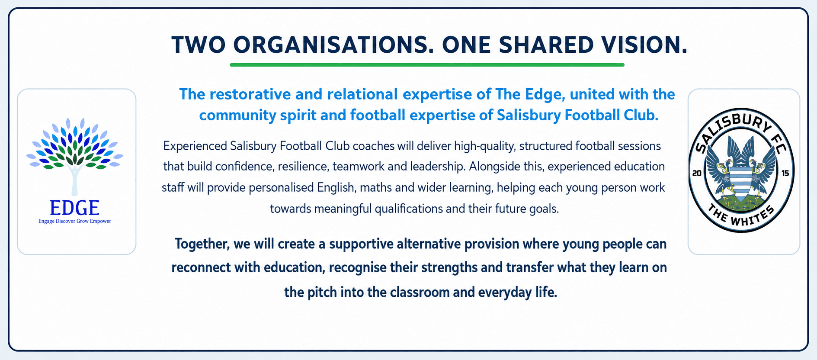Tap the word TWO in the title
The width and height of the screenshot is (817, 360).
coord(199,45)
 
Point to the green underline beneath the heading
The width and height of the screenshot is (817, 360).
coord(427,65)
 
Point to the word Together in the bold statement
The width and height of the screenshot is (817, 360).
coord(202,244)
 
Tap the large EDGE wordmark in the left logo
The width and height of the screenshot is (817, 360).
coord(75,208)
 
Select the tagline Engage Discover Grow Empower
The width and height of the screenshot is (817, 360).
coord(75,221)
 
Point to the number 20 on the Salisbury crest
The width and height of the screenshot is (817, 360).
coord(697,174)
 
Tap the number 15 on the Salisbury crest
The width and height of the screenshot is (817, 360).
coord(785,173)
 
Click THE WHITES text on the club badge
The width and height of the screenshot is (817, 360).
coord(741,216)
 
